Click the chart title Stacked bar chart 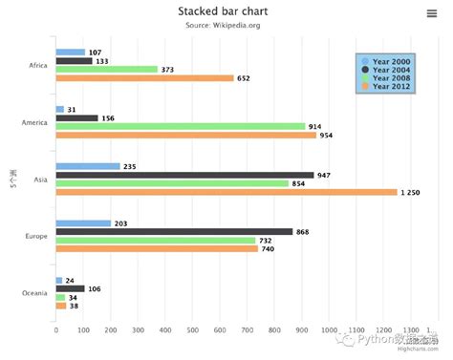(223, 11)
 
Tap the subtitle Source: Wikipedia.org (223, 25)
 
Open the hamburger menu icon (432, 12)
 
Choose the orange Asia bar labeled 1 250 (226, 192)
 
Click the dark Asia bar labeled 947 (184, 175)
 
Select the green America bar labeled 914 (181, 126)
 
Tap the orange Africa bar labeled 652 (144, 78)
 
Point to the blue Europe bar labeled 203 (83, 223)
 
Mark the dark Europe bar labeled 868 (174, 231)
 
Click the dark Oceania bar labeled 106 (70, 288)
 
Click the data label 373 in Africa (167, 70)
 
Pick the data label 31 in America (73, 110)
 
